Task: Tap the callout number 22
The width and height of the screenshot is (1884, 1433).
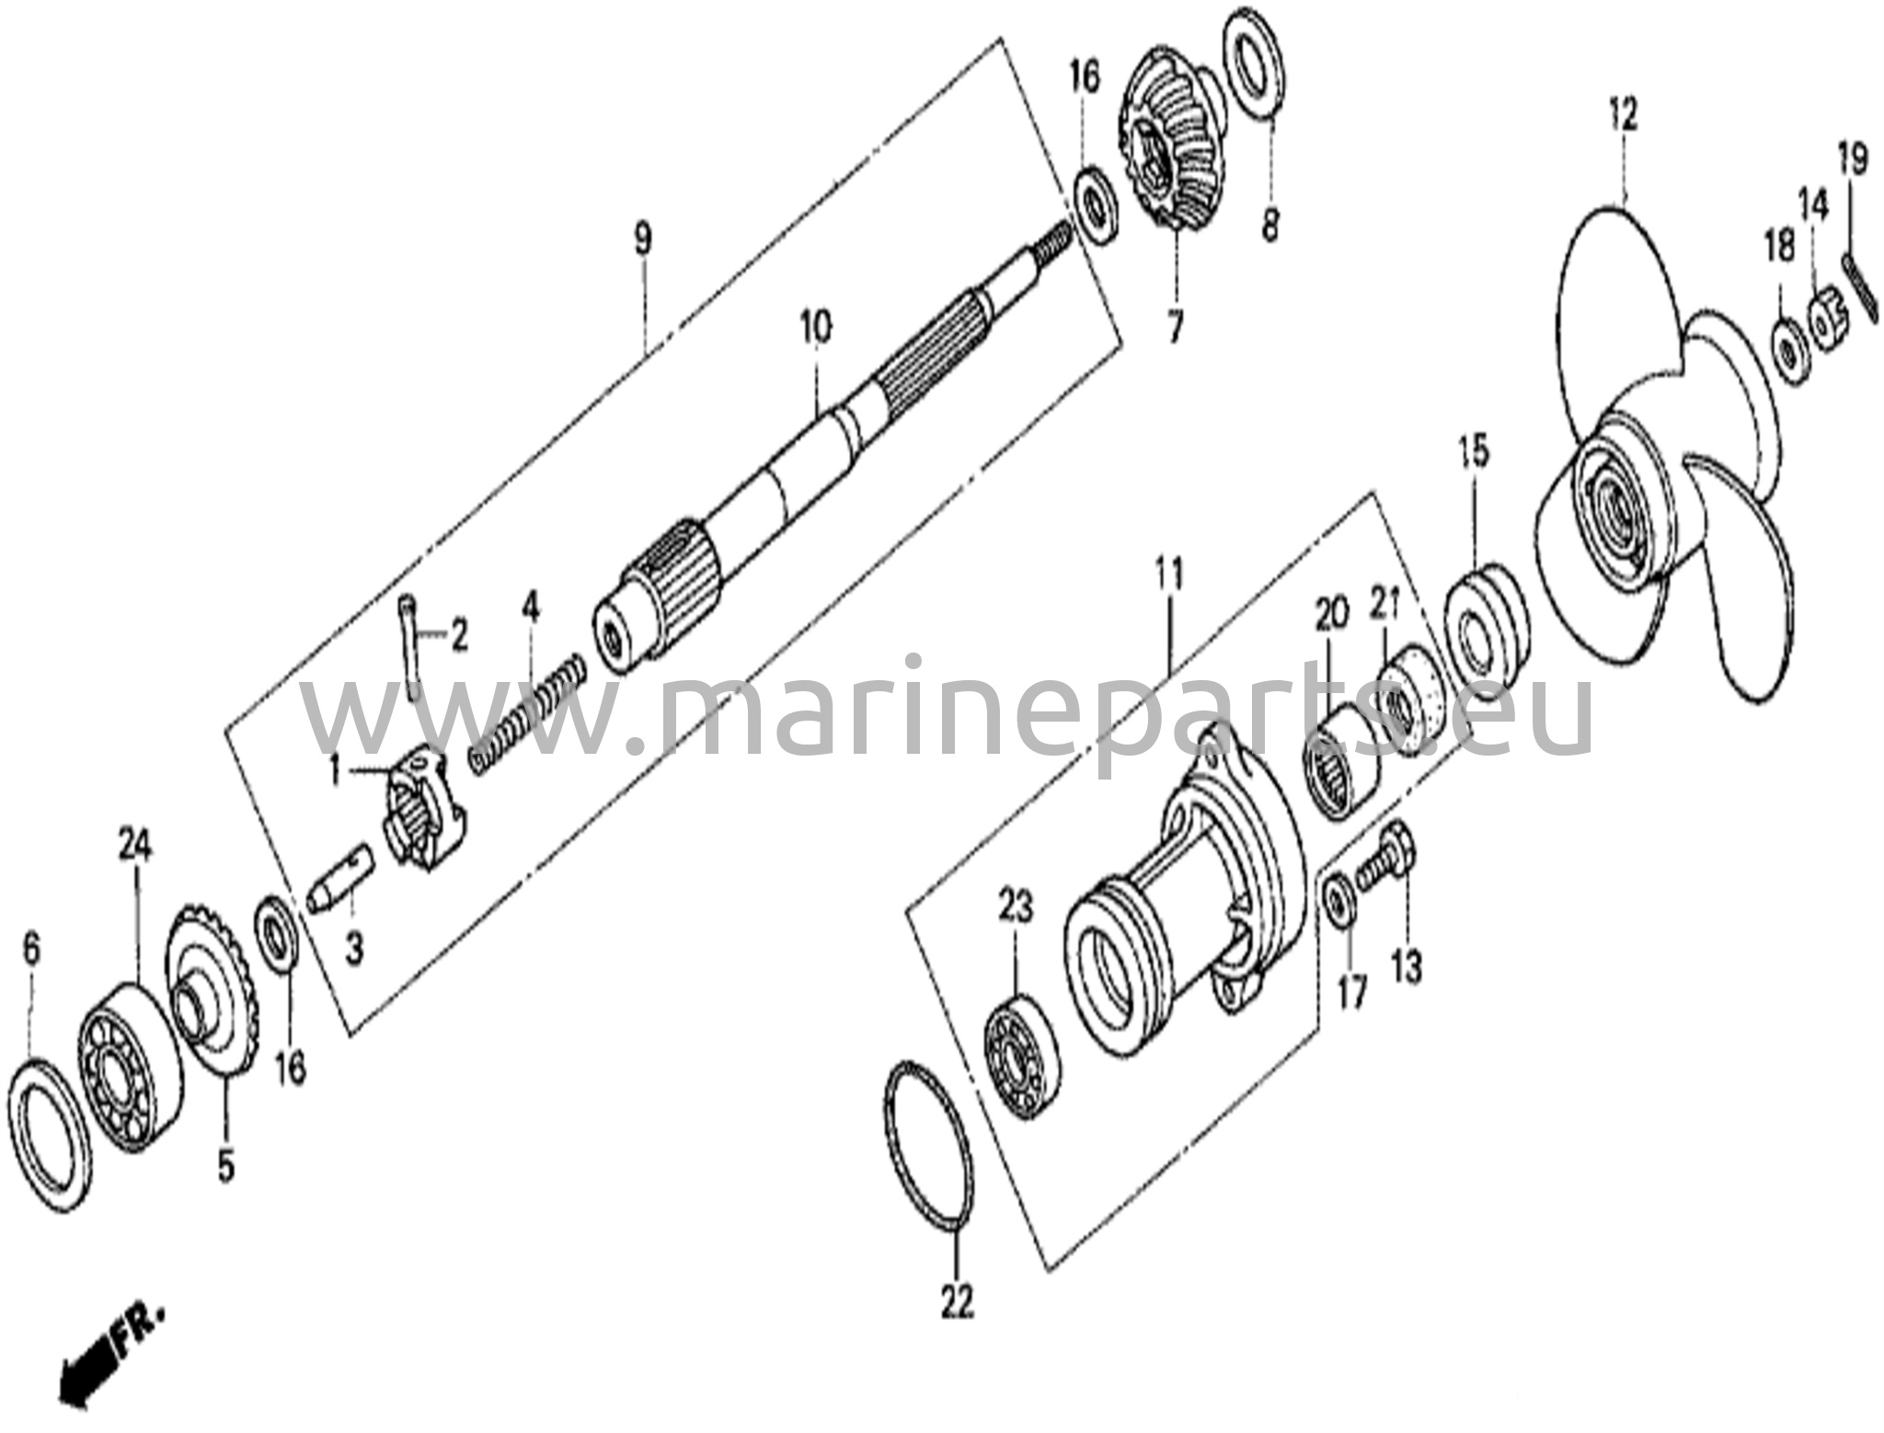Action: [x=957, y=1300]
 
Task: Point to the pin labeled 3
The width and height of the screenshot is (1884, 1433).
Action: [x=339, y=878]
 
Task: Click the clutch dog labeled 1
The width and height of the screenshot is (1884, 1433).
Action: [x=422, y=805]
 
